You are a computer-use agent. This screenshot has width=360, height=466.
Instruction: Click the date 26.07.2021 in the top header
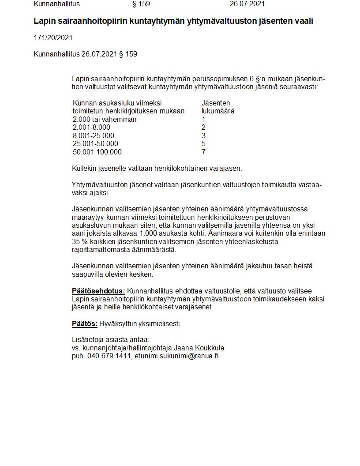tap(247, 4)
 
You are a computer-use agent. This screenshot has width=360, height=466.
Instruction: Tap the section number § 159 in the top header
tap(141, 4)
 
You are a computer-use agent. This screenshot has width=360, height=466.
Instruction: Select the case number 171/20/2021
tap(53, 38)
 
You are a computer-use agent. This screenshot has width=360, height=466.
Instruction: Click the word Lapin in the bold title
tap(44, 21)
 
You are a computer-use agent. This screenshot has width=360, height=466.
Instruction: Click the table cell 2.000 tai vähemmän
tap(104, 119)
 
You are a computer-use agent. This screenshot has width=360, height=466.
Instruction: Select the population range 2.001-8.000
tap(91, 128)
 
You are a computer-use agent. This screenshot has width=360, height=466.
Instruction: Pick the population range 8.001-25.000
tap(93, 135)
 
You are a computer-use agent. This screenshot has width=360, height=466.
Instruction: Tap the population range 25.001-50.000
tap(95, 143)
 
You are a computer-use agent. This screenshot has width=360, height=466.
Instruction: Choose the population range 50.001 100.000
tap(97, 152)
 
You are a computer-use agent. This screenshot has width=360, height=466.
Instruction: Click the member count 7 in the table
tap(203, 152)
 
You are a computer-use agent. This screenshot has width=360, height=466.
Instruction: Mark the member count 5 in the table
tap(203, 143)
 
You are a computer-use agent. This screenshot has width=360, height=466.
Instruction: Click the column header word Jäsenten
tap(216, 103)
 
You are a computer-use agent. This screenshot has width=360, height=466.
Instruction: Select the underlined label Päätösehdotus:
tap(98, 291)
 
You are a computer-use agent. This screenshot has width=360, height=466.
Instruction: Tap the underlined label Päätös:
tap(84, 323)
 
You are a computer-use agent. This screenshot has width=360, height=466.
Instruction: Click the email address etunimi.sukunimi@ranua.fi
tap(176, 356)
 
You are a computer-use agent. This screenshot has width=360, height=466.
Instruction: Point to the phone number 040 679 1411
tap(109, 356)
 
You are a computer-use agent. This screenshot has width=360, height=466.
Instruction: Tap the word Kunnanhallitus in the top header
tap(56, 4)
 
